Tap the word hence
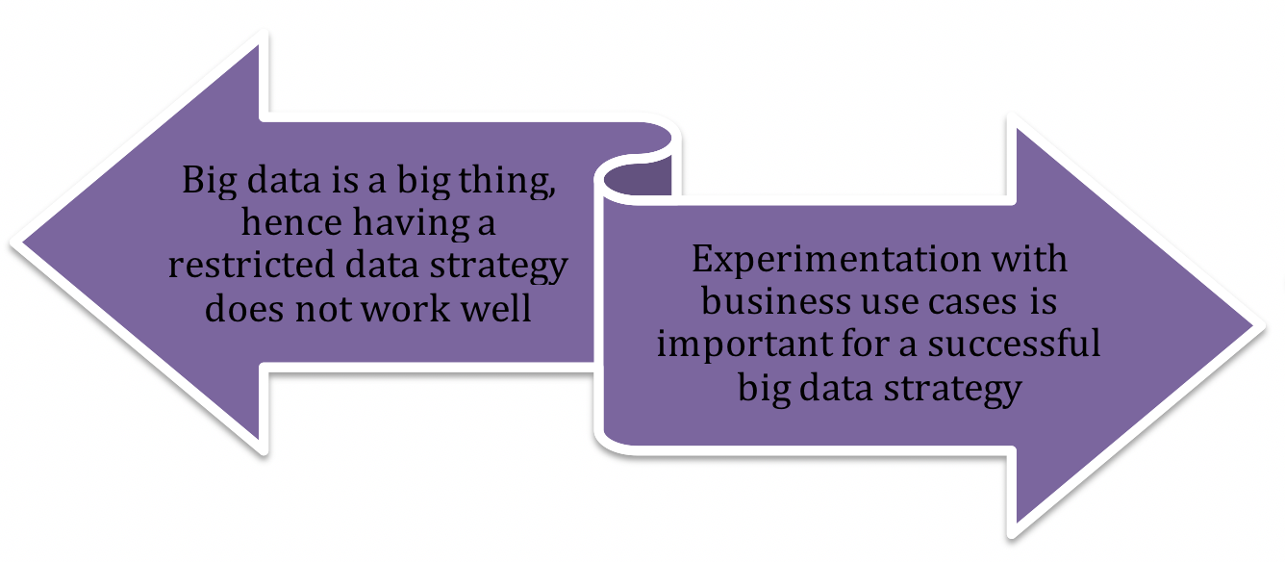coord(291,221)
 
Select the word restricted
coord(251,265)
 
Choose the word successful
coord(1014,343)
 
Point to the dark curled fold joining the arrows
coord(638,179)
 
